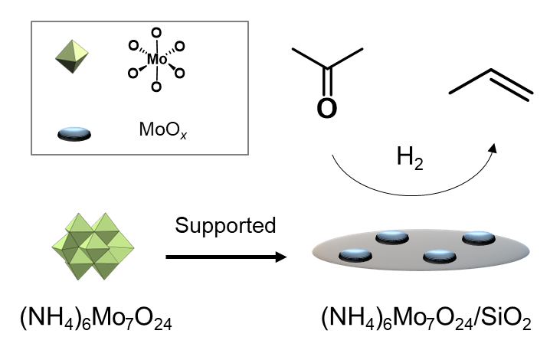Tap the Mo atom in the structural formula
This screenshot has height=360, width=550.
tap(156, 58)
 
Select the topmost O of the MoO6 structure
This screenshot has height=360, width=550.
tap(156, 31)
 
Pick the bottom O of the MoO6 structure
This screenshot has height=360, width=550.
tap(156, 86)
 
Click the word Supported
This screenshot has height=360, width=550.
tap(224, 226)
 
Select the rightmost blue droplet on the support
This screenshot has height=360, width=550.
tap(479, 239)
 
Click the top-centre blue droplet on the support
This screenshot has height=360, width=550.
tap(393, 237)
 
